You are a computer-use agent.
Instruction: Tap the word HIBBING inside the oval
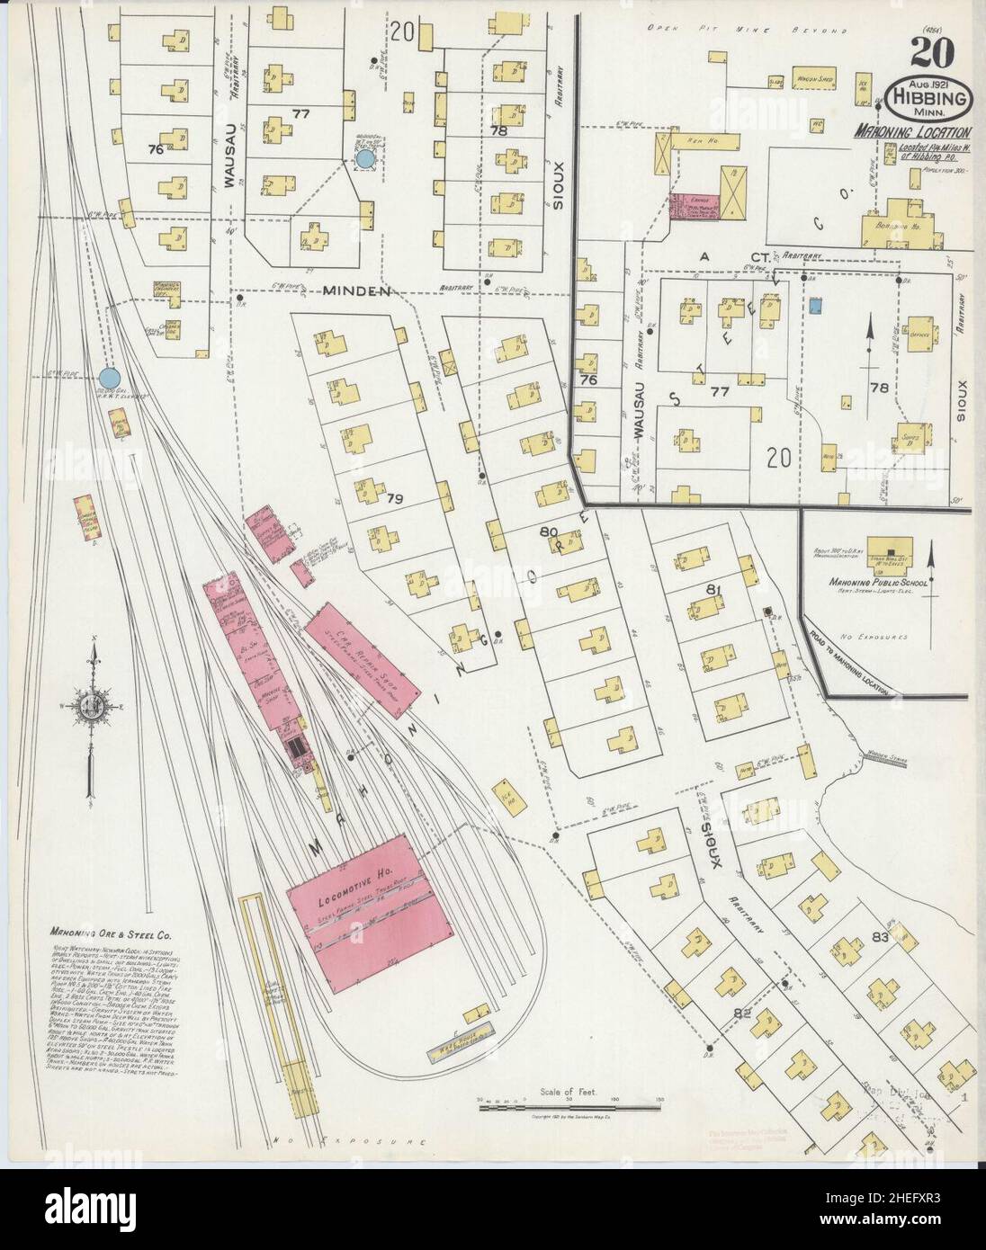930,97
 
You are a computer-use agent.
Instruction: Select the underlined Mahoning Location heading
911,131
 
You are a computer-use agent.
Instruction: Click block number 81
715,589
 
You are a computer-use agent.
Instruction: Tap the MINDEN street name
357,290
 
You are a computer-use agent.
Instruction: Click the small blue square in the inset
815,307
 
